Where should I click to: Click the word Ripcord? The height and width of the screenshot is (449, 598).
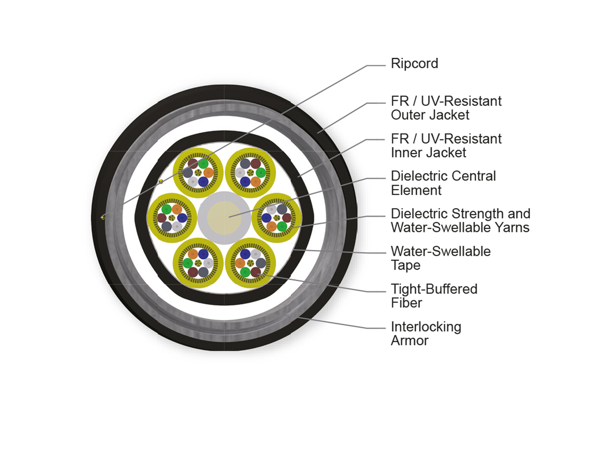coord(414,64)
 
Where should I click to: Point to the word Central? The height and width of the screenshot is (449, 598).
coord(472,176)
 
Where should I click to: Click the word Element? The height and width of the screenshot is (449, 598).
coord(416,190)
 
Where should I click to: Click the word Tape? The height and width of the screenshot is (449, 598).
coord(405,265)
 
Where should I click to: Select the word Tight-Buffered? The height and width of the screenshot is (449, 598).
coord(434,289)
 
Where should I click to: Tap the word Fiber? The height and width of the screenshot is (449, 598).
coord(406,303)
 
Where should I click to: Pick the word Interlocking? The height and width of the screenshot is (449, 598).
coord(426,327)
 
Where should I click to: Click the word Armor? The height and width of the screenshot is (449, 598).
coord(410,341)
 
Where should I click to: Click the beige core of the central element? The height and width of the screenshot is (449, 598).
coord(224,218)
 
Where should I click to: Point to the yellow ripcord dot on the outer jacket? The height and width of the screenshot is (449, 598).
coord(103,218)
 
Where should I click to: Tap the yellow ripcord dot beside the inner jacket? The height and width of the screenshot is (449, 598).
coord(161,181)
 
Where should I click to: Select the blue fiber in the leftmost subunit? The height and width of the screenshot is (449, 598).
coord(182,218)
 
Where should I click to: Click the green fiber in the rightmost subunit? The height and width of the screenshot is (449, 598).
coord(282,226)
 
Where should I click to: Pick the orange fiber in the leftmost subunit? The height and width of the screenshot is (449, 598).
coord(177,210)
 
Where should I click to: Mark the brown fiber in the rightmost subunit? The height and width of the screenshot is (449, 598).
coord(287,218)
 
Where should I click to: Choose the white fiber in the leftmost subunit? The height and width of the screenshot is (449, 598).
coord(177,226)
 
